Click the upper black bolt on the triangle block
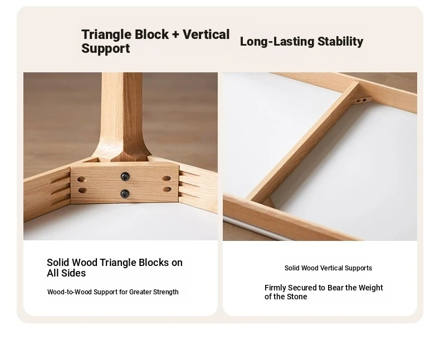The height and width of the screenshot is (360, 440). click(125, 176)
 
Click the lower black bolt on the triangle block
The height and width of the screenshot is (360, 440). click(125, 194)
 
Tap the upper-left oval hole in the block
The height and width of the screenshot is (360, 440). click(81, 179)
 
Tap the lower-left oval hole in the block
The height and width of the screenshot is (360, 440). click(82, 191)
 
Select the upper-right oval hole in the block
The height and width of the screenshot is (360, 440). click(167, 178)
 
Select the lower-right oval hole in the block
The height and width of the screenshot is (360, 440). click(167, 189)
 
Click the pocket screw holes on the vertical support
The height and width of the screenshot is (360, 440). click(361, 101)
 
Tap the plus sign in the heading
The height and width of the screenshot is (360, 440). click(175, 34)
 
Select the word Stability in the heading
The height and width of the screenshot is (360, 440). click(340, 42)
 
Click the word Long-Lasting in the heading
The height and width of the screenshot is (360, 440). click(277, 42)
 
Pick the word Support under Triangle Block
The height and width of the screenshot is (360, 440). click(105, 48)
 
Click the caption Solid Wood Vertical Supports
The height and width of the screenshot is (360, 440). click(328, 268)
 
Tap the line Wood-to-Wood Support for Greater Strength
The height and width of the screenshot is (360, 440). click(113, 292)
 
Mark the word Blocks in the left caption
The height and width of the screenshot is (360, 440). click(154, 263)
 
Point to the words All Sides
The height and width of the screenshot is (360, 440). click(66, 273)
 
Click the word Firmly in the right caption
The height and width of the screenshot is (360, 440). click(275, 288)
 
